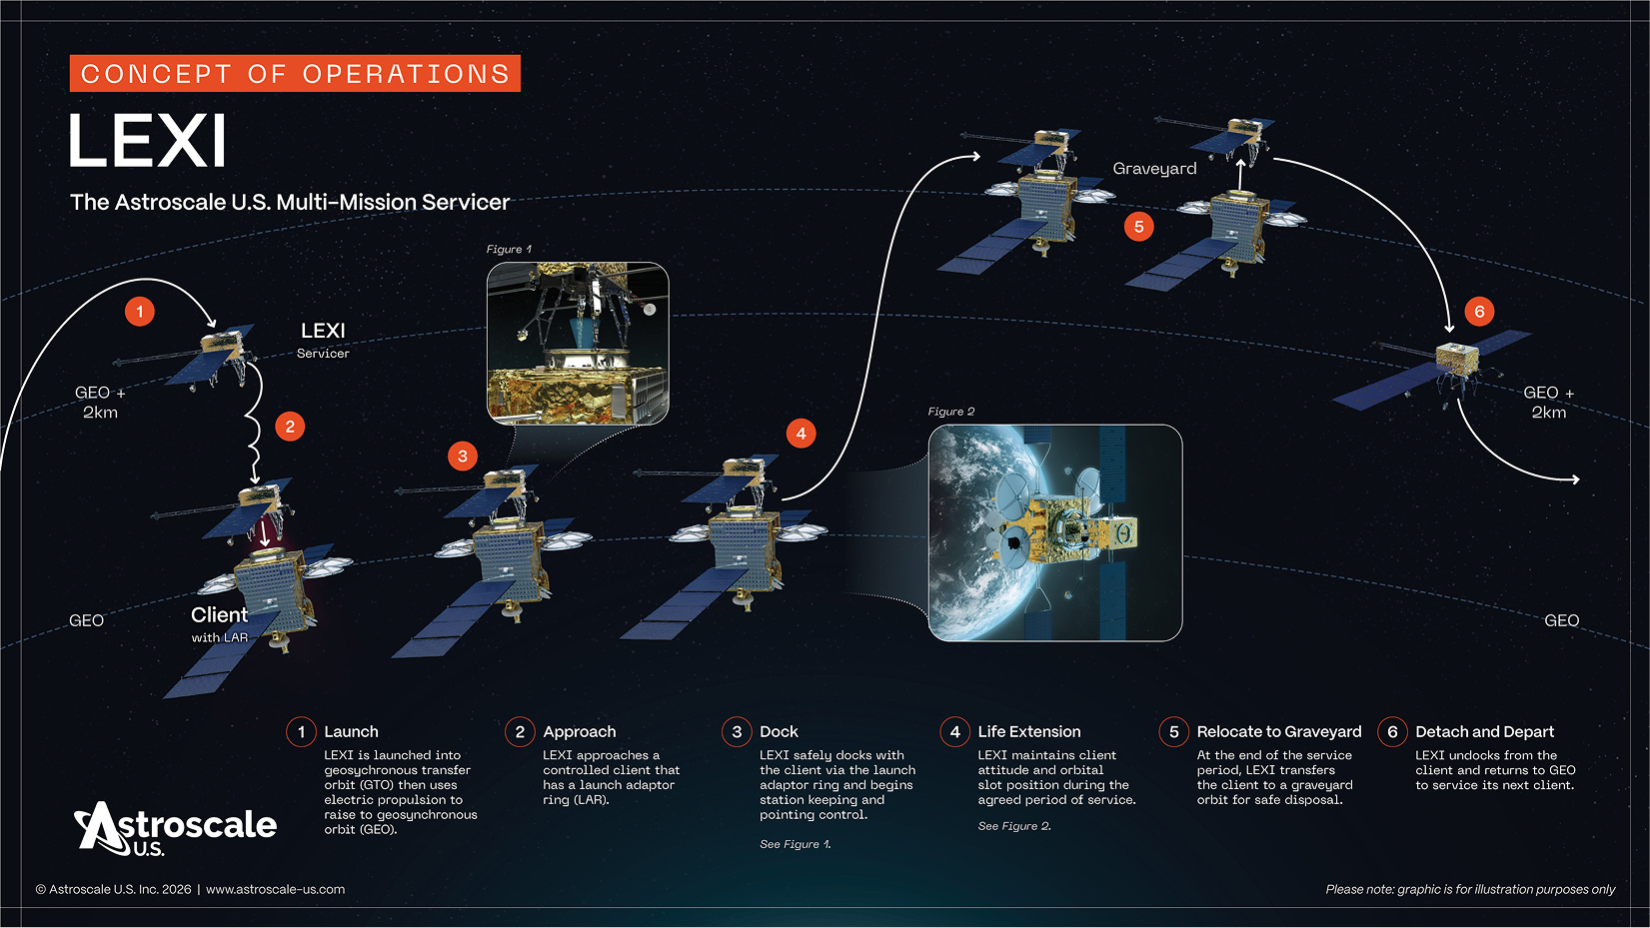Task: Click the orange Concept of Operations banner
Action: (295, 74)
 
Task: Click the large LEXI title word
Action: (147, 141)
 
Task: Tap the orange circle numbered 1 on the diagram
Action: (140, 312)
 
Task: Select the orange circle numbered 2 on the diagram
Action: (290, 427)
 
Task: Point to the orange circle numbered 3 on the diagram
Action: (462, 457)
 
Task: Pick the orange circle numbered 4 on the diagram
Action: (801, 434)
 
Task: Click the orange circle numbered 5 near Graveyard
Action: (1138, 227)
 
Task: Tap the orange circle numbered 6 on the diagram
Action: (1479, 311)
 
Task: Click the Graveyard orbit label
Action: (1154, 169)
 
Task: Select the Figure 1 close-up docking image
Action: (578, 344)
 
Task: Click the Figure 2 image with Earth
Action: (1054, 532)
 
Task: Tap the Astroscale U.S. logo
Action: (176, 828)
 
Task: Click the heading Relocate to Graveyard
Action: (1278, 732)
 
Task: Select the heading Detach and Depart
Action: (1484, 732)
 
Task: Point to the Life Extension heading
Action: (1028, 732)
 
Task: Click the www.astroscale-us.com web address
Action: (275, 889)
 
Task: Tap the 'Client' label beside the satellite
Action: (219, 615)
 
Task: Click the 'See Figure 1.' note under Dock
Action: (795, 844)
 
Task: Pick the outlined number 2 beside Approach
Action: (520, 732)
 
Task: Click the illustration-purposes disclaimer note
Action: (1469, 889)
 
